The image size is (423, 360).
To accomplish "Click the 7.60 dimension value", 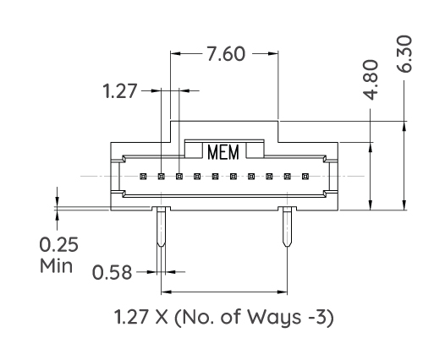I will pos(225,54).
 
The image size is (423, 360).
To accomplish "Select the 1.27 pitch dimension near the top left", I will pos(119,90).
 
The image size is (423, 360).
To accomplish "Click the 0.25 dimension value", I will pos(58,246).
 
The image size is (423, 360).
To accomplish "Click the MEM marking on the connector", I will pos(223,152).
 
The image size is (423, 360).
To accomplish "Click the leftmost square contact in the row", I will pos(143,177).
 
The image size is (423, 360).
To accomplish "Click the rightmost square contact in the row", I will pos(305,177).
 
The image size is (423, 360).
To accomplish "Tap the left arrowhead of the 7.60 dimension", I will pos(175,54).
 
